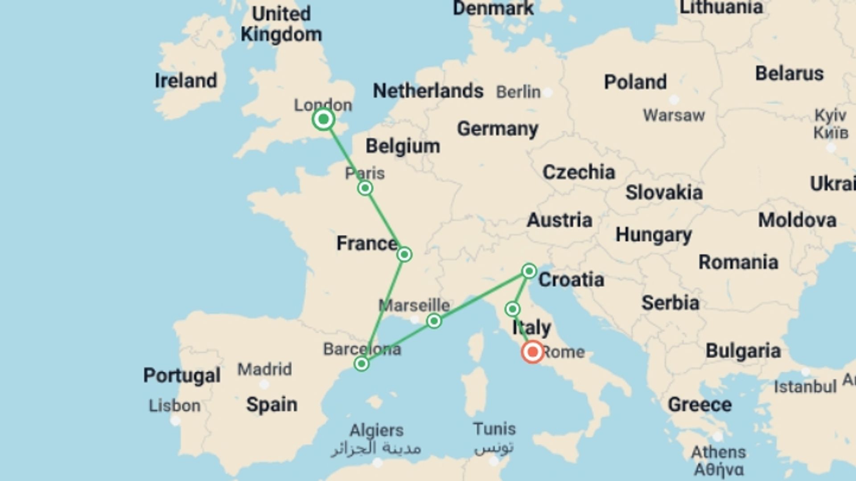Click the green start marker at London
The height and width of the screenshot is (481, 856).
[324, 119]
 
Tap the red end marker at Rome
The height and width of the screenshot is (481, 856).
[532, 352]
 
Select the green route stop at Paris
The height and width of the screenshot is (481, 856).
[365, 188]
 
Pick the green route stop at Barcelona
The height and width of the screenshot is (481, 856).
[362, 364]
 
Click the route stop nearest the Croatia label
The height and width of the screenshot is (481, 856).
[529, 271]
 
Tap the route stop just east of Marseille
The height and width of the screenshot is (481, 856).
[434, 321]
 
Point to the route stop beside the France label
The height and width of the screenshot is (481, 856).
[404, 254]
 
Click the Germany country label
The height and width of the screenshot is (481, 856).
[498, 129]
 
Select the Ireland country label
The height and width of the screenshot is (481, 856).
[185, 81]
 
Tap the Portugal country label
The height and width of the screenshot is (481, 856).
[181, 375]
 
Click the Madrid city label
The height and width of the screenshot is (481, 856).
[264, 369]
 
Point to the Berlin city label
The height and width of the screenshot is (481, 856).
[518, 92]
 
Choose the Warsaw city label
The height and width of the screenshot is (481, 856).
[674, 116]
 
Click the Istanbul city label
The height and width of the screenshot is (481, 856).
[805, 387]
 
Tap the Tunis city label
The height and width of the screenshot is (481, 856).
[494, 429]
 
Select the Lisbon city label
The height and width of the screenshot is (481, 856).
[174, 406]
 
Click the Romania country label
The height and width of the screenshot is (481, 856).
[738, 262]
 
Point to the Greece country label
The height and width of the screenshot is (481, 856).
[700, 405]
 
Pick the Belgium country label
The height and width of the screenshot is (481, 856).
[403, 146]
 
